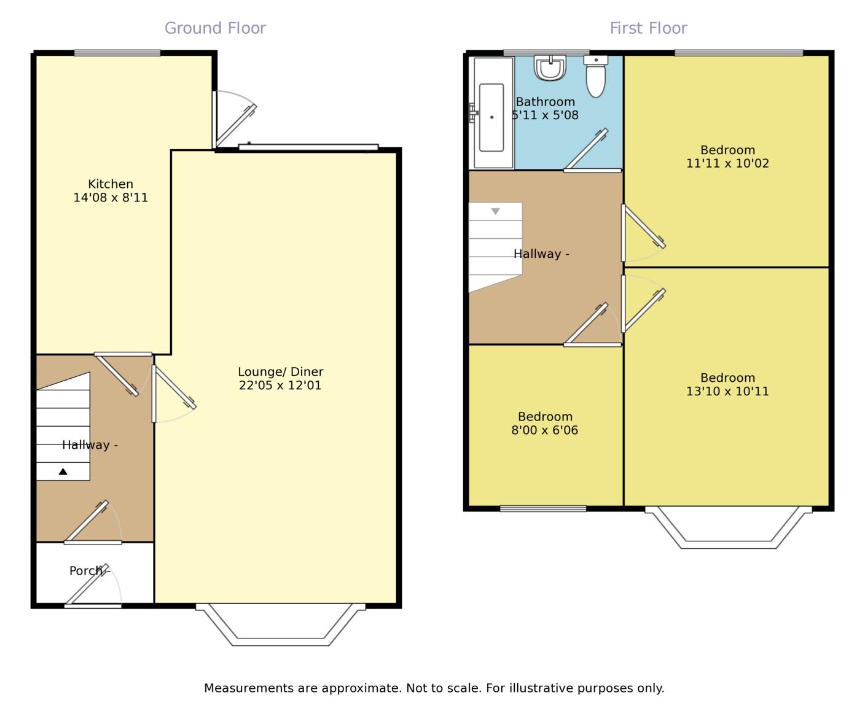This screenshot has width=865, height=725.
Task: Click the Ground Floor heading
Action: [215, 28]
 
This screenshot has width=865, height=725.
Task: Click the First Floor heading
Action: [648, 28]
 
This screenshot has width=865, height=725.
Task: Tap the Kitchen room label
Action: [111, 184]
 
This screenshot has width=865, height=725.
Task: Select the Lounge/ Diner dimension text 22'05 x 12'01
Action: [280, 386]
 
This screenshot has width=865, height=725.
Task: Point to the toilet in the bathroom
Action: [596, 77]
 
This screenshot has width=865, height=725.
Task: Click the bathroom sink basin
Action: [550, 68]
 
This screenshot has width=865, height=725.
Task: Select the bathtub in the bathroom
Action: [491, 112]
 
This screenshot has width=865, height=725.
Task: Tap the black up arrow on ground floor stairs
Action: [63, 471]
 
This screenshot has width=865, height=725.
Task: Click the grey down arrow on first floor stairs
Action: [495, 211]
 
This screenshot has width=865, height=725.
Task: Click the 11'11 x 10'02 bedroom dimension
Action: [727, 163]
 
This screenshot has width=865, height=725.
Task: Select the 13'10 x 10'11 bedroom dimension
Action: [727, 391]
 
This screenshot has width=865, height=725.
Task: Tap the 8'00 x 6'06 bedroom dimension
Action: [544, 430]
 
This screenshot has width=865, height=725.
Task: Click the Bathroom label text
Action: [545, 102]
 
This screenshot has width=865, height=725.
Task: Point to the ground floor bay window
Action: [281, 624]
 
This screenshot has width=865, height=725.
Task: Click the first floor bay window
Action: [728, 527]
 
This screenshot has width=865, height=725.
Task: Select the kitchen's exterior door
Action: [235, 119]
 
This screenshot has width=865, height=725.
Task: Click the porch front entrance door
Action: [93, 586]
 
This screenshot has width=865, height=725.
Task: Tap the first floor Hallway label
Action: [541, 254]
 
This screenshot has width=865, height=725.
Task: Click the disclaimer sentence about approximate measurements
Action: [434, 688]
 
